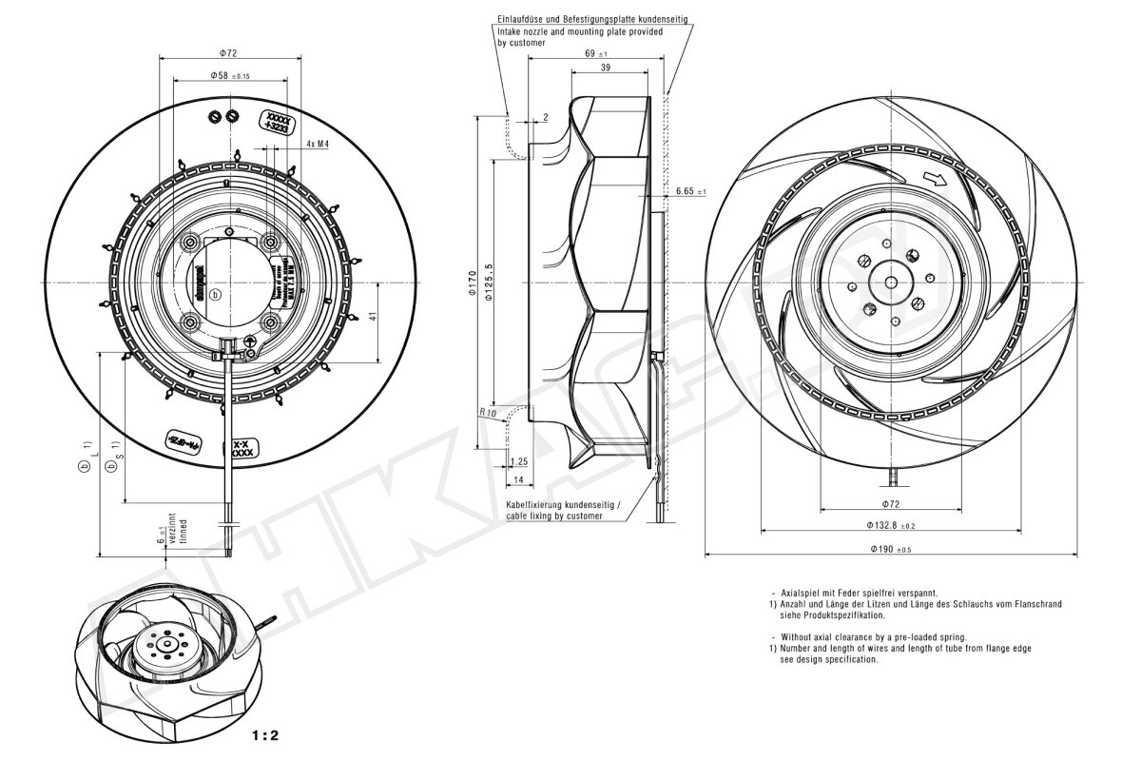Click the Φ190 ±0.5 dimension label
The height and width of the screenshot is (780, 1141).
[x=892, y=550]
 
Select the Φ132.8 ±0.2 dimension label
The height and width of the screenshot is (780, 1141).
[x=891, y=525]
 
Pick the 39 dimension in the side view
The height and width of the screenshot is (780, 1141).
[x=606, y=68]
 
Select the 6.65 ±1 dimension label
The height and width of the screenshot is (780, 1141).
[x=690, y=191]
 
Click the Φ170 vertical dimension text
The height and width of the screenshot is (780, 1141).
[x=473, y=284]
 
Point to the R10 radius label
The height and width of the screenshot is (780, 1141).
[x=488, y=414]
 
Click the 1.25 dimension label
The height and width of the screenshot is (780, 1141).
[x=519, y=461]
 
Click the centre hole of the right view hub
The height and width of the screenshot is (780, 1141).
[x=892, y=283]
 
